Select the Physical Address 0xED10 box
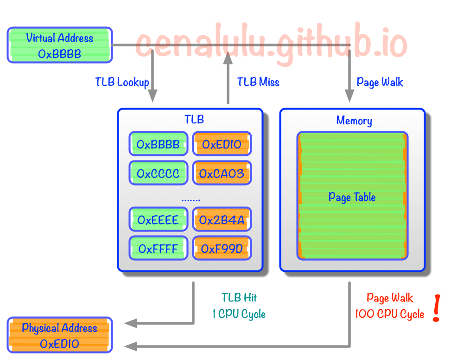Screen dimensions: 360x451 60,335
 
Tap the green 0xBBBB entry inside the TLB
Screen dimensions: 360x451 158,144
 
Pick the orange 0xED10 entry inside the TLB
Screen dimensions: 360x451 222,144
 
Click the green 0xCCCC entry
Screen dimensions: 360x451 158,173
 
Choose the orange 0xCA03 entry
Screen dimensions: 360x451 222,173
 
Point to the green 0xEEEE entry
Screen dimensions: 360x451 158,219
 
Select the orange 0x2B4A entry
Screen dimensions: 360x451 222,219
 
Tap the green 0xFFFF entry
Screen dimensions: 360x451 158,248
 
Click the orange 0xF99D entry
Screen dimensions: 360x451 222,248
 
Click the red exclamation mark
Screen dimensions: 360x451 436,308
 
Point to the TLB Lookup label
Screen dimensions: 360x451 122,83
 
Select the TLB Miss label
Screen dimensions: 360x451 258,83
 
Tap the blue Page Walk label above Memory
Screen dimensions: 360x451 380,83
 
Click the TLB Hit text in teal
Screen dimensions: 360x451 239,297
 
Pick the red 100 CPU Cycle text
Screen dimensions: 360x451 389,314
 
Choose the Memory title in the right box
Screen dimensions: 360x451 354,121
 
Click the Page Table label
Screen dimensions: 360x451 352,197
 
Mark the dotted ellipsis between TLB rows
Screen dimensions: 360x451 190,200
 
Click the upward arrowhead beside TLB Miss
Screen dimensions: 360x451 228,58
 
